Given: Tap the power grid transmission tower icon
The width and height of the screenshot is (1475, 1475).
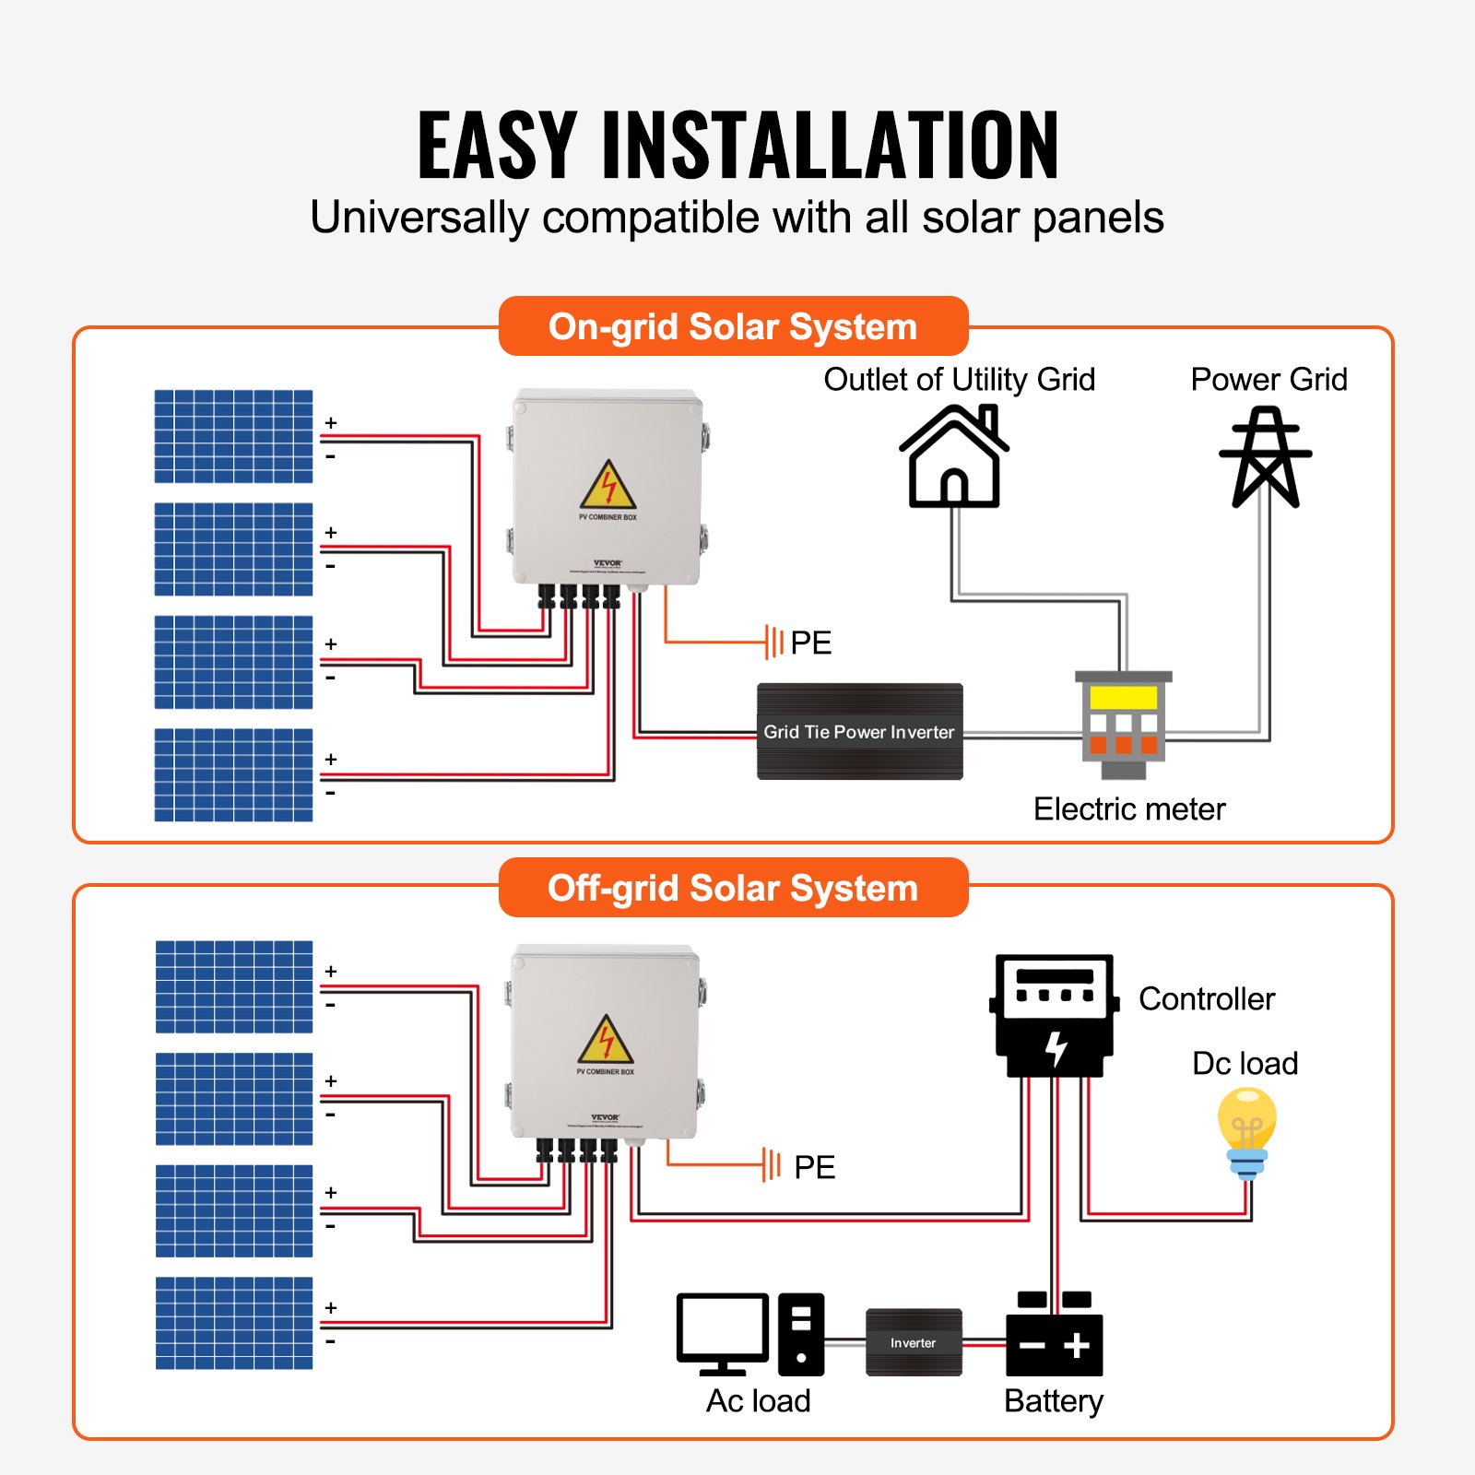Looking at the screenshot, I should coord(1266,458).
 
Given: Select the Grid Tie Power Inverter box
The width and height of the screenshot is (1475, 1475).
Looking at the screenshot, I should coord(859,731).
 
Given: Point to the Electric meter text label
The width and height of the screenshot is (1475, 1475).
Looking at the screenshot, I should coord(1129,808).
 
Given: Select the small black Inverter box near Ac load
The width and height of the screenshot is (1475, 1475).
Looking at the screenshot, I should coord(914,1342).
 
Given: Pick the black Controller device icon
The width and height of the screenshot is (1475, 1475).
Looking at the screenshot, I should coord(1055,1015).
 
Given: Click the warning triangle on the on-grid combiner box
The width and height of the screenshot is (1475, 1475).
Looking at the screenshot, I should coord(608,486).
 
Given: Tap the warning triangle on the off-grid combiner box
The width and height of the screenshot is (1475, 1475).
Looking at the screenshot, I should coord(606,1041).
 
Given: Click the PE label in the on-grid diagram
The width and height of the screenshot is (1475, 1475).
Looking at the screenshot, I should coord(810,643).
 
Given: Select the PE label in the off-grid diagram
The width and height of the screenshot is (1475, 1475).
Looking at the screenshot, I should coord(814,1167).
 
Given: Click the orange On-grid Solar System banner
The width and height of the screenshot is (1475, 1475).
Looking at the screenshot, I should coord(733,326).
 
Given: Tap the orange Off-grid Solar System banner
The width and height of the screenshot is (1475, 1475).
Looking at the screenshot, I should coord(733,888).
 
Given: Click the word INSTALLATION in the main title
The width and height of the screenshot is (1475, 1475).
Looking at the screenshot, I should coord(830,145).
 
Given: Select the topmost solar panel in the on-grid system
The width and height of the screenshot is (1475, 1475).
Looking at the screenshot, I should coord(233,436).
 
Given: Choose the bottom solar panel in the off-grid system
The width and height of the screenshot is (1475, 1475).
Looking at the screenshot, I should coord(233,1322).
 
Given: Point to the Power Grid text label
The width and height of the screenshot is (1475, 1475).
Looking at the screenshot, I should coord(1268,379).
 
